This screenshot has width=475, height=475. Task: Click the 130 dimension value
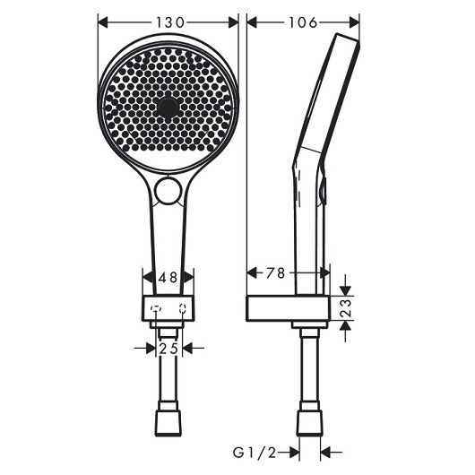(x=170, y=22)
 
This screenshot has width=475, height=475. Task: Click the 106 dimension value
(x=303, y=22)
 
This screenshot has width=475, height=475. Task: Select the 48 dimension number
(x=168, y=277)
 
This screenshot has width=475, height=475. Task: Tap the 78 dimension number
(x=276, y=273)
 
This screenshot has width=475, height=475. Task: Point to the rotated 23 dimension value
(x=346, y=308)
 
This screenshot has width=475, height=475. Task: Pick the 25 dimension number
(x=168, y=349)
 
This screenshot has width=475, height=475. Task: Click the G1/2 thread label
(x=255, y=453)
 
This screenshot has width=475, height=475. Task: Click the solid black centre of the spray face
(x=168, y=108)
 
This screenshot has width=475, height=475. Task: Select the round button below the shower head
(x=168, y=191)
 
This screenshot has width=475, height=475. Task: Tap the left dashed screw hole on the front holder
(x=156, y=308)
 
